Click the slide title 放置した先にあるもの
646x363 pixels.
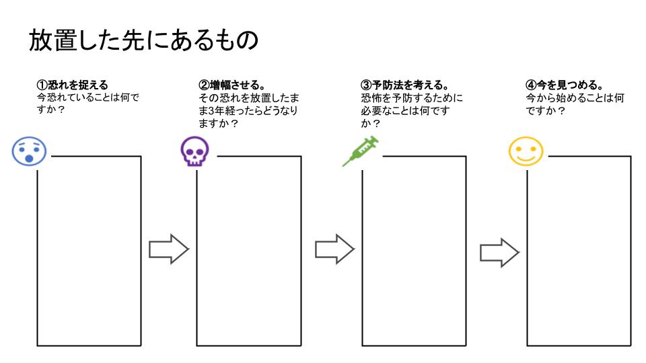pyautogui.click(x=143, y=40)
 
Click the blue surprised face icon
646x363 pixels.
pyautogui.click(x=29, y=152)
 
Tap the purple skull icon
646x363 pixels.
pyautogui.click(x=195, y=152)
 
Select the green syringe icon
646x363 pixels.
pyautogui.click(x=361, y=151)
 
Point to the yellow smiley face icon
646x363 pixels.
pyautogui.click(x=525, y=151)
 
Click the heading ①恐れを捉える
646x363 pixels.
pyautogui.click(x=72, y=85)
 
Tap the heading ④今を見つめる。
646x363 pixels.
pyautogui.click(x=564, y=85)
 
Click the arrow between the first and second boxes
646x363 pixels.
pyautogui.click(x=168, y=249)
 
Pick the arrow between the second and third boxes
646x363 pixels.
pyautogui.click(x=334, y=249)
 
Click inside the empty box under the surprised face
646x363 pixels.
pyautogui.click(x=89, y=255)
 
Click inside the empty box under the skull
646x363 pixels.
pyautogui.click(x=249, y=255)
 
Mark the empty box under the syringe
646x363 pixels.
pyautogui.click(x=414, y=255)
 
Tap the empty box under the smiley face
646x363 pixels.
pyautogui.click(x=579, y=255)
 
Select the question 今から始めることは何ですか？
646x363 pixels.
pyautogui.click(x=575, y=104)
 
